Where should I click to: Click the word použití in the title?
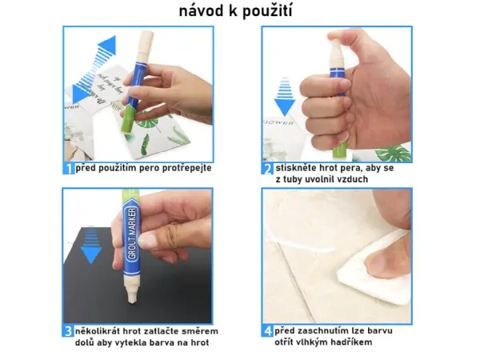coord(267,12)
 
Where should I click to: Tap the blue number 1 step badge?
coord(69,169)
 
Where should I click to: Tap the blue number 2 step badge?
coord(267,169)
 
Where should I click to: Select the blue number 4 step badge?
coord(267,330)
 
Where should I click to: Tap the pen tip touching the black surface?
coord(129,299)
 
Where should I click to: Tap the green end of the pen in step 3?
coord(133,195)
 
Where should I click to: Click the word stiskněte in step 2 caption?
coord(298,169)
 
